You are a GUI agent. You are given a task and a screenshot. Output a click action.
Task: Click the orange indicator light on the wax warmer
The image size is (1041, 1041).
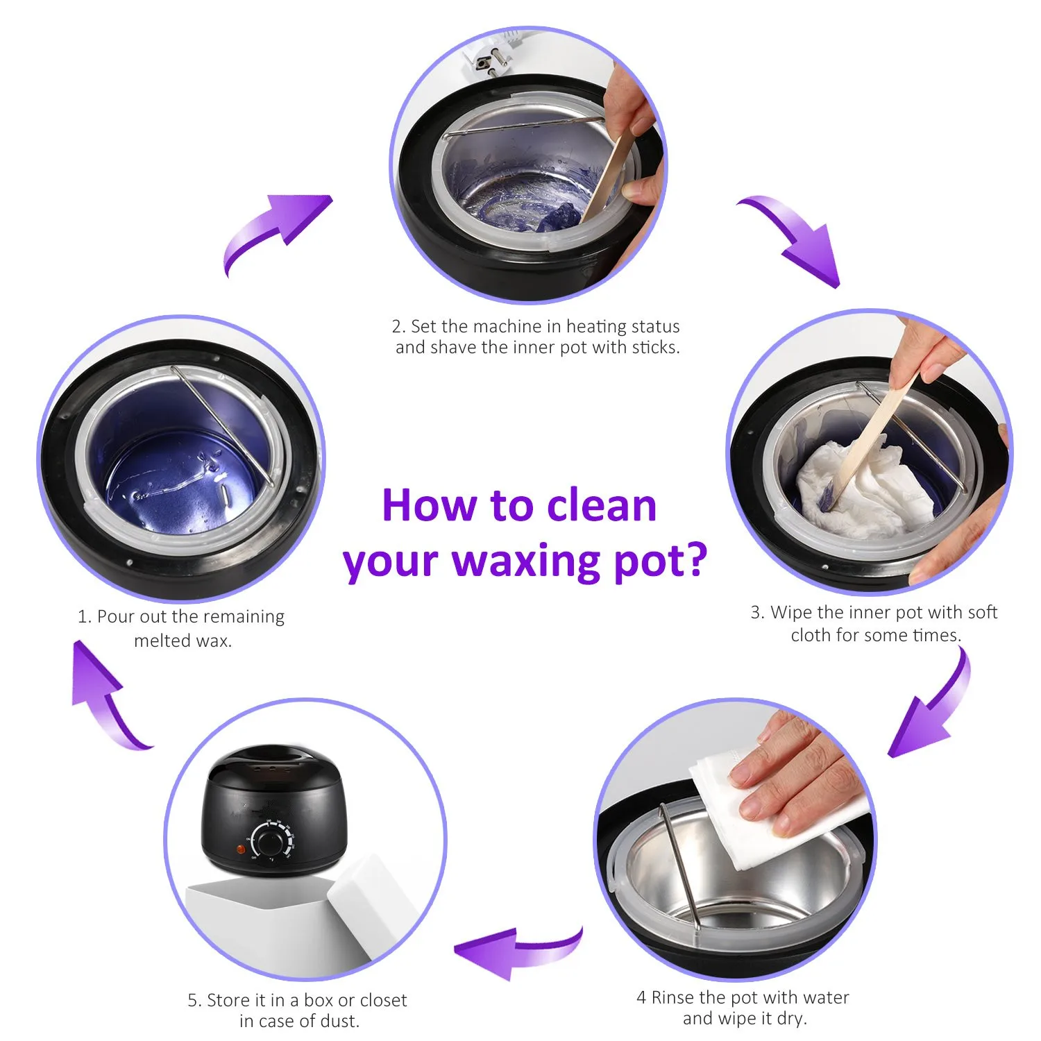[x=241, y=849]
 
